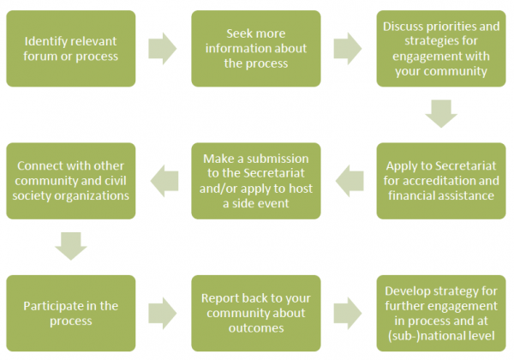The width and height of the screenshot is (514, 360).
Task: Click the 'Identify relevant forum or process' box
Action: tap(71, 49)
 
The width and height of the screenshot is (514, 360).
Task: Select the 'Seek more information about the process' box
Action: tap(256, 49)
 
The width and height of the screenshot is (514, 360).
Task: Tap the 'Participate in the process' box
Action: tap(71, 313)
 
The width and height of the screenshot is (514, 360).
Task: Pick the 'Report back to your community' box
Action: tap(256, 313)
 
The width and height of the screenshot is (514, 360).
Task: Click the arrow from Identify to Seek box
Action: tap(163, 49)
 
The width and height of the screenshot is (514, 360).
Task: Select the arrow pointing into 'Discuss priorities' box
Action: tap(348, 49)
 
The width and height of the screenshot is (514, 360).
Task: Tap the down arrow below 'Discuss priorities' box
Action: tap(441, 114)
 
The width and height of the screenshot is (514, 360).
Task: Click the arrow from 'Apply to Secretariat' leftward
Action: tap(350, 181)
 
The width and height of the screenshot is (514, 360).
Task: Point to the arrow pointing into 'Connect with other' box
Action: tap(164, 181)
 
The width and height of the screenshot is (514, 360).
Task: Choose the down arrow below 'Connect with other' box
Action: tap(71, 246)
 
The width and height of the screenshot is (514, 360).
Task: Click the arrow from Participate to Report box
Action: tap(163, 313)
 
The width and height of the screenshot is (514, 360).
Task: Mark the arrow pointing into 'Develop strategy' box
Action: tap(348, 313)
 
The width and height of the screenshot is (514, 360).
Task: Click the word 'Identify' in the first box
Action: tap(45, 42)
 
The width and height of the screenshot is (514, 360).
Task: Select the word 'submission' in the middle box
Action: tap(278, 159)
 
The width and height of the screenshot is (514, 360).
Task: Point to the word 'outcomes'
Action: tap(256, 328)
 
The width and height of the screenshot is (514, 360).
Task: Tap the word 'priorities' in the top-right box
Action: tap(456, 27)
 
